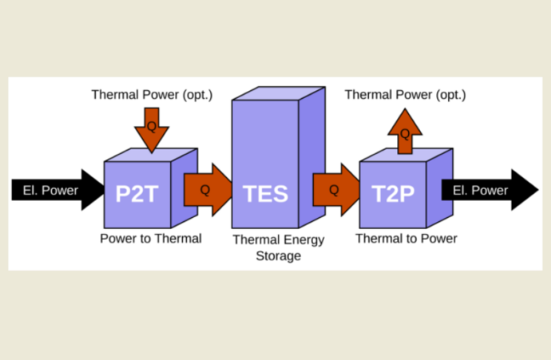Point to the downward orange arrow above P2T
151,129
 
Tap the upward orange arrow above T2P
405,129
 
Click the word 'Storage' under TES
278,256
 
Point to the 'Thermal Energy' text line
278,239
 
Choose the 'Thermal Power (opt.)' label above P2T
151,95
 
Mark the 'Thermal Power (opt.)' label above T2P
405,95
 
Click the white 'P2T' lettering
138,195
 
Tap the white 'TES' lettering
265,195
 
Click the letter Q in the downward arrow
151,125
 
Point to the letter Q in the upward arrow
405,133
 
